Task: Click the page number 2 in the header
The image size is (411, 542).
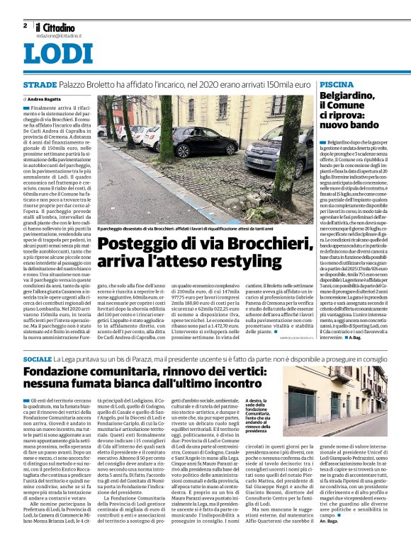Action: [x=25, y=25]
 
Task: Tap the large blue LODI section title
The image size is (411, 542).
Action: [x=57, y=54]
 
